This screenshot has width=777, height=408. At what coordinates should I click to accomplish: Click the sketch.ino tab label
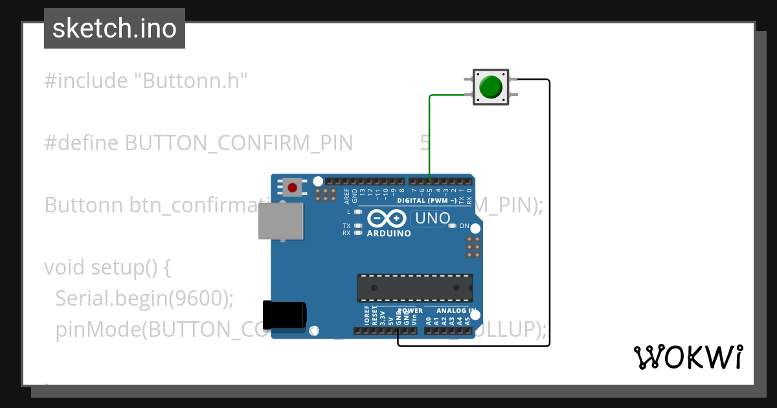click(115, 28)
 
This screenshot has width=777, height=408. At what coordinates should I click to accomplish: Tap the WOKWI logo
click(688, 357)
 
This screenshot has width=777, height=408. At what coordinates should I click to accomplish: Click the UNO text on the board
click(432, 218)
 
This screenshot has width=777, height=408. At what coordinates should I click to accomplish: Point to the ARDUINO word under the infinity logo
click(388, 233)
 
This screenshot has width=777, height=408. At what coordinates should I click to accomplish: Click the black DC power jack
click(284, 315)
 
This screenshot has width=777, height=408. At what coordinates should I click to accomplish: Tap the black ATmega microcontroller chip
click(415, 288)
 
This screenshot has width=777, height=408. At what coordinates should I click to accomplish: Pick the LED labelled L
click(357, 212)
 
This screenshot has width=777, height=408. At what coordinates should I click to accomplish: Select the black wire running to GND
click(549, 214)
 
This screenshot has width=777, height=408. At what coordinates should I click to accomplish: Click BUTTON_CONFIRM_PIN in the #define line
click(238, 142)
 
